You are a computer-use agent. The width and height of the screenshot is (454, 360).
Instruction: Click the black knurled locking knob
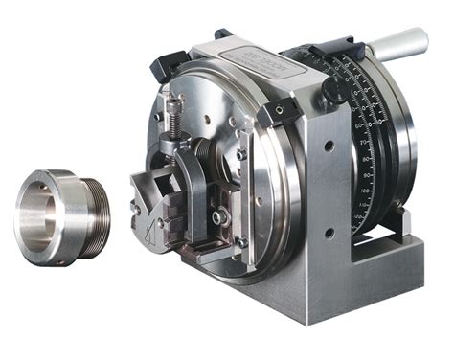335,89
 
